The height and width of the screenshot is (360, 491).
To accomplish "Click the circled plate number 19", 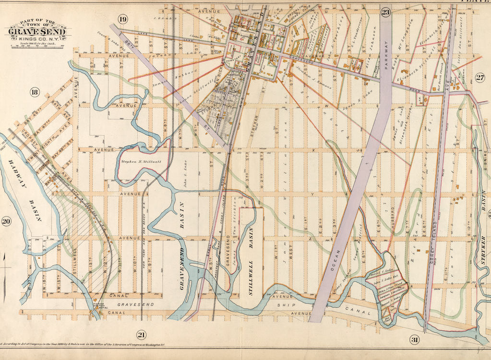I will pos(123,19).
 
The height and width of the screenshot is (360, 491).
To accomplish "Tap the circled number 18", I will pos(34,92).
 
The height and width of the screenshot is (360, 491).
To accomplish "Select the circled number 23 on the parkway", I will pos(385,12).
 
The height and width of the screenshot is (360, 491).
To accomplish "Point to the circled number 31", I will pos(414,340).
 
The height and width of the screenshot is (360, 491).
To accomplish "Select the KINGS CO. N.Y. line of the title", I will pos(38,40).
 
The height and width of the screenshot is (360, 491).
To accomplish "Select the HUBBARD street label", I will pos(392,216).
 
